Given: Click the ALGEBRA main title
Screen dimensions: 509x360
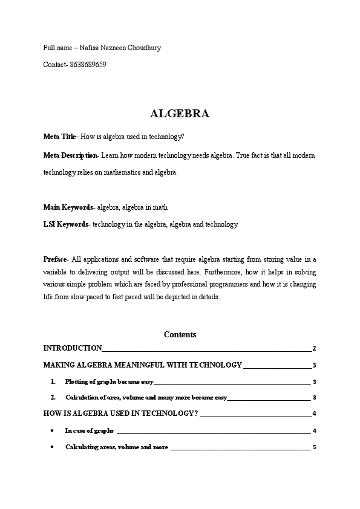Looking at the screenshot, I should point(180,114).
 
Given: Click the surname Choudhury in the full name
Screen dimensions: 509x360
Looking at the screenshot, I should point(143,48).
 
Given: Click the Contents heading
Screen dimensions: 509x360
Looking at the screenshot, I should point(180,334).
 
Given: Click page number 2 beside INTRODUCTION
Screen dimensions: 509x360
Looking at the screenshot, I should point(314,348).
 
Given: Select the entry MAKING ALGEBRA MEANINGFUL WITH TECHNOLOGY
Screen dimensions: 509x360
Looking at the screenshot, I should point(142,365).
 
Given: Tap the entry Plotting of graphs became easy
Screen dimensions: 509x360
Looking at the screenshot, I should point(110,382).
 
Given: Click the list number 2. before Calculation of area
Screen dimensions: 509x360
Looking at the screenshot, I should point(53,397).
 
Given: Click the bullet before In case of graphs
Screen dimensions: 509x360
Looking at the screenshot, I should point(53,430).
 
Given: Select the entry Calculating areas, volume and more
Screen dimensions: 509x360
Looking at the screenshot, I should point(117,447).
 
